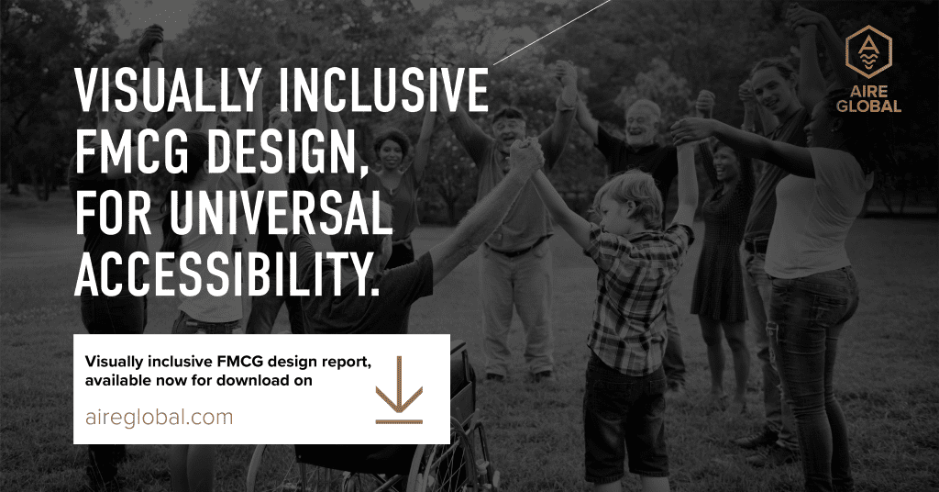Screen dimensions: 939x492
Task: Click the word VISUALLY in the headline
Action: [x=169, y=91]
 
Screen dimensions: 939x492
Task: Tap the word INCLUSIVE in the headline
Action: [x=384, y=91]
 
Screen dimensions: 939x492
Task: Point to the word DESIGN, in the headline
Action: [x=288, y=154]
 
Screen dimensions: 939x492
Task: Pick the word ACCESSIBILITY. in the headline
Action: [x=227, y=275]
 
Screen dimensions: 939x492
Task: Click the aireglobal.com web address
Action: [x=160, y=417]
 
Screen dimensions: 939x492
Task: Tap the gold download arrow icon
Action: [x=399, y=391]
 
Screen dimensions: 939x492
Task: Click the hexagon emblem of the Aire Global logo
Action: [x=868, y=51]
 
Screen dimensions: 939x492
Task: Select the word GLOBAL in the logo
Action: [x=868, y=106]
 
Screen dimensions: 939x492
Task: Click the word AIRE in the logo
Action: [x=868, y=92]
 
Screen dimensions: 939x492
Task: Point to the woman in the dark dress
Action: [x=723, y=263]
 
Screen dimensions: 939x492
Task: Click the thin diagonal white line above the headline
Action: [x=552, y=32]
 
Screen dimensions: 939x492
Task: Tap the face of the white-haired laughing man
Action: [x=641, y=123]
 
